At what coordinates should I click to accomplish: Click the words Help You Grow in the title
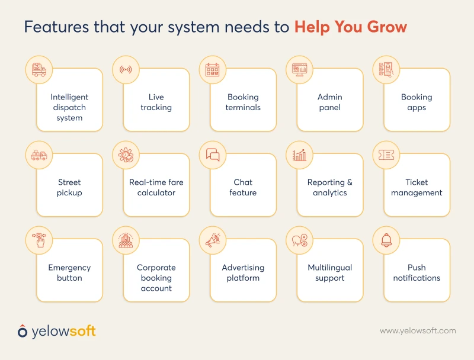tap(351, 27)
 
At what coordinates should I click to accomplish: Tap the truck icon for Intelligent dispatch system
tap(39, 70)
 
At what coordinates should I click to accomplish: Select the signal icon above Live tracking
tap(126, 70)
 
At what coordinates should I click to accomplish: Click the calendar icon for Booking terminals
tap(213, 70)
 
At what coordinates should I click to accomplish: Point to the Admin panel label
tap(329, 102)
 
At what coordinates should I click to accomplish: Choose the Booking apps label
tap(417, 102)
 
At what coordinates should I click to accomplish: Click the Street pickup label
tap(69, 188)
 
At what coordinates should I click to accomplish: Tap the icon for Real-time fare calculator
tap(126, 155)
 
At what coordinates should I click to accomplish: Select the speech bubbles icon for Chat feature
tap(213, 155)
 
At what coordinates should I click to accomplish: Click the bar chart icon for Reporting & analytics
tap(300, 155)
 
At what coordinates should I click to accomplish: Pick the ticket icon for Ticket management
tap(386, 155)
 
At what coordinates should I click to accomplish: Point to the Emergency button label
tap(69, 273)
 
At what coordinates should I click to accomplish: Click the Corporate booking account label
tap(156, 278)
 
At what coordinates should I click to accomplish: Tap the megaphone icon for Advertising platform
tap(213, 240)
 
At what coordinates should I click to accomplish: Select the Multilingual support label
tap(329, 273)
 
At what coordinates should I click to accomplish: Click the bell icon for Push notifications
tap(386, 240)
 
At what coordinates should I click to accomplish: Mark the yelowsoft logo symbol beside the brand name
tap(23, 331)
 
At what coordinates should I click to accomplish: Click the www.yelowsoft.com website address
tap(418, 331)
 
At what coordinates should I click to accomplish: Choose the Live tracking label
tap(156, 102)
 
